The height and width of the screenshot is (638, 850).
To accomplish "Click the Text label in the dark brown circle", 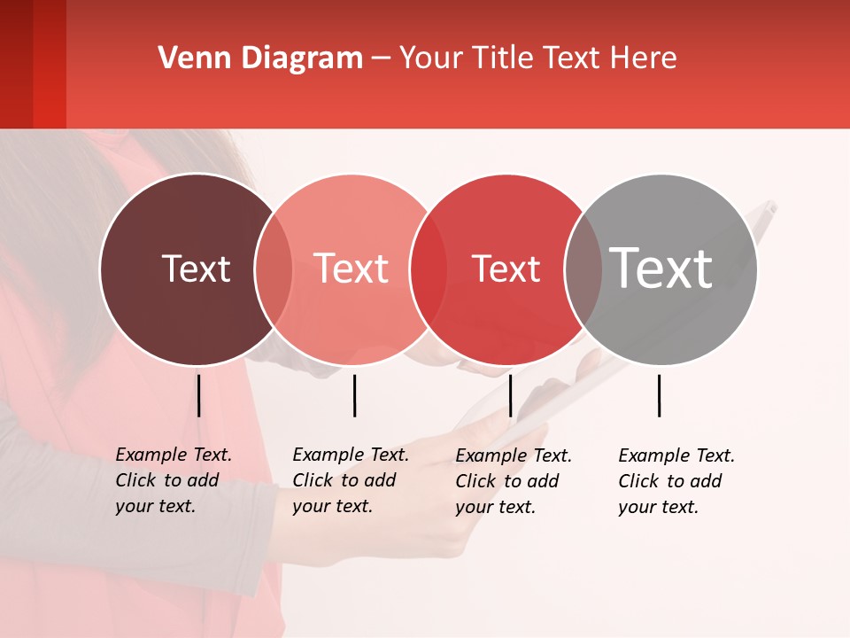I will pyautogui.click(x=196, y=268).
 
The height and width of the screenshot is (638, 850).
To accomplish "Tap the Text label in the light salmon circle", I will pyautogui.click(x=352, y=268).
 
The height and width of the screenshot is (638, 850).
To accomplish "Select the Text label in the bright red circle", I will pyautogui.click(x=506, y=269).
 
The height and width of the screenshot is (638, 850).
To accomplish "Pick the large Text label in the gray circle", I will pyautogui.click(x=661, y=268).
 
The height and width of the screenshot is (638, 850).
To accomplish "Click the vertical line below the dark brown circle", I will pyautogui.click(x=198, y=395).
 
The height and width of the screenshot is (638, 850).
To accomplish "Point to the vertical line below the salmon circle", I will pyautogui.click(x=354, y=395).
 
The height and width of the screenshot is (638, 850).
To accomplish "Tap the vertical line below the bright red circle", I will pyautogui.click(x=510, y=395).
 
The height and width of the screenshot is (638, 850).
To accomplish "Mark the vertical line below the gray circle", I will pyautogui.click(x=659, y=395).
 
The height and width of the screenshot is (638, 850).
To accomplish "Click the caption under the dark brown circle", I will pyautogui.click(x=173, y=480).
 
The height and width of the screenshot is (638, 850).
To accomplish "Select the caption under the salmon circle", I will pyautogui.click(x=350, y=480).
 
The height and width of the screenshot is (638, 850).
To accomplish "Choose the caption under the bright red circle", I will pyautogui.click(x=513, y=481).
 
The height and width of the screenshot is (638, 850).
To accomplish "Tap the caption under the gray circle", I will pyautogui.click(x=676, y=481).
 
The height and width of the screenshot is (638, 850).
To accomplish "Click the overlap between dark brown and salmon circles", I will pyautogui.click(x=274, y=269).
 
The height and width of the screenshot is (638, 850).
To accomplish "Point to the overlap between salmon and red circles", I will pyautogui.click(x=428, y=269).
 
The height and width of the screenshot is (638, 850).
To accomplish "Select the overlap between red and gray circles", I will pyautogui.click(x=583, y=269).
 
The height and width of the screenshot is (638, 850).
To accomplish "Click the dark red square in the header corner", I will pyautogui.click(x=33, y=64).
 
